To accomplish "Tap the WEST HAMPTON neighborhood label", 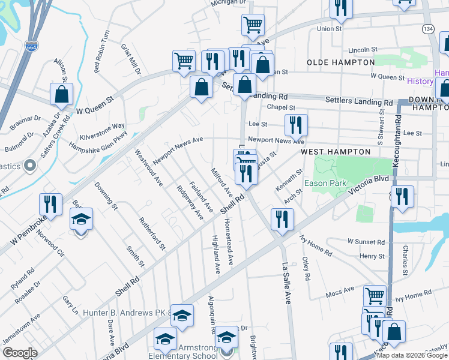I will [x=336, y=152].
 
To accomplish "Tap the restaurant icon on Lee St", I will [x=295, y=125].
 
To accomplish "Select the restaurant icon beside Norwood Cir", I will [x=50, y=204].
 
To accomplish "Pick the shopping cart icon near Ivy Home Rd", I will [x=375, y=295].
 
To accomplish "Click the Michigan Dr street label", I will [x=228, y=3].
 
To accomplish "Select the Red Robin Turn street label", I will [x=102, y=52].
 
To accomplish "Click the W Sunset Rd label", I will [x=366, y=242].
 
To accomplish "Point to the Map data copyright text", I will [x=412, y=355].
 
